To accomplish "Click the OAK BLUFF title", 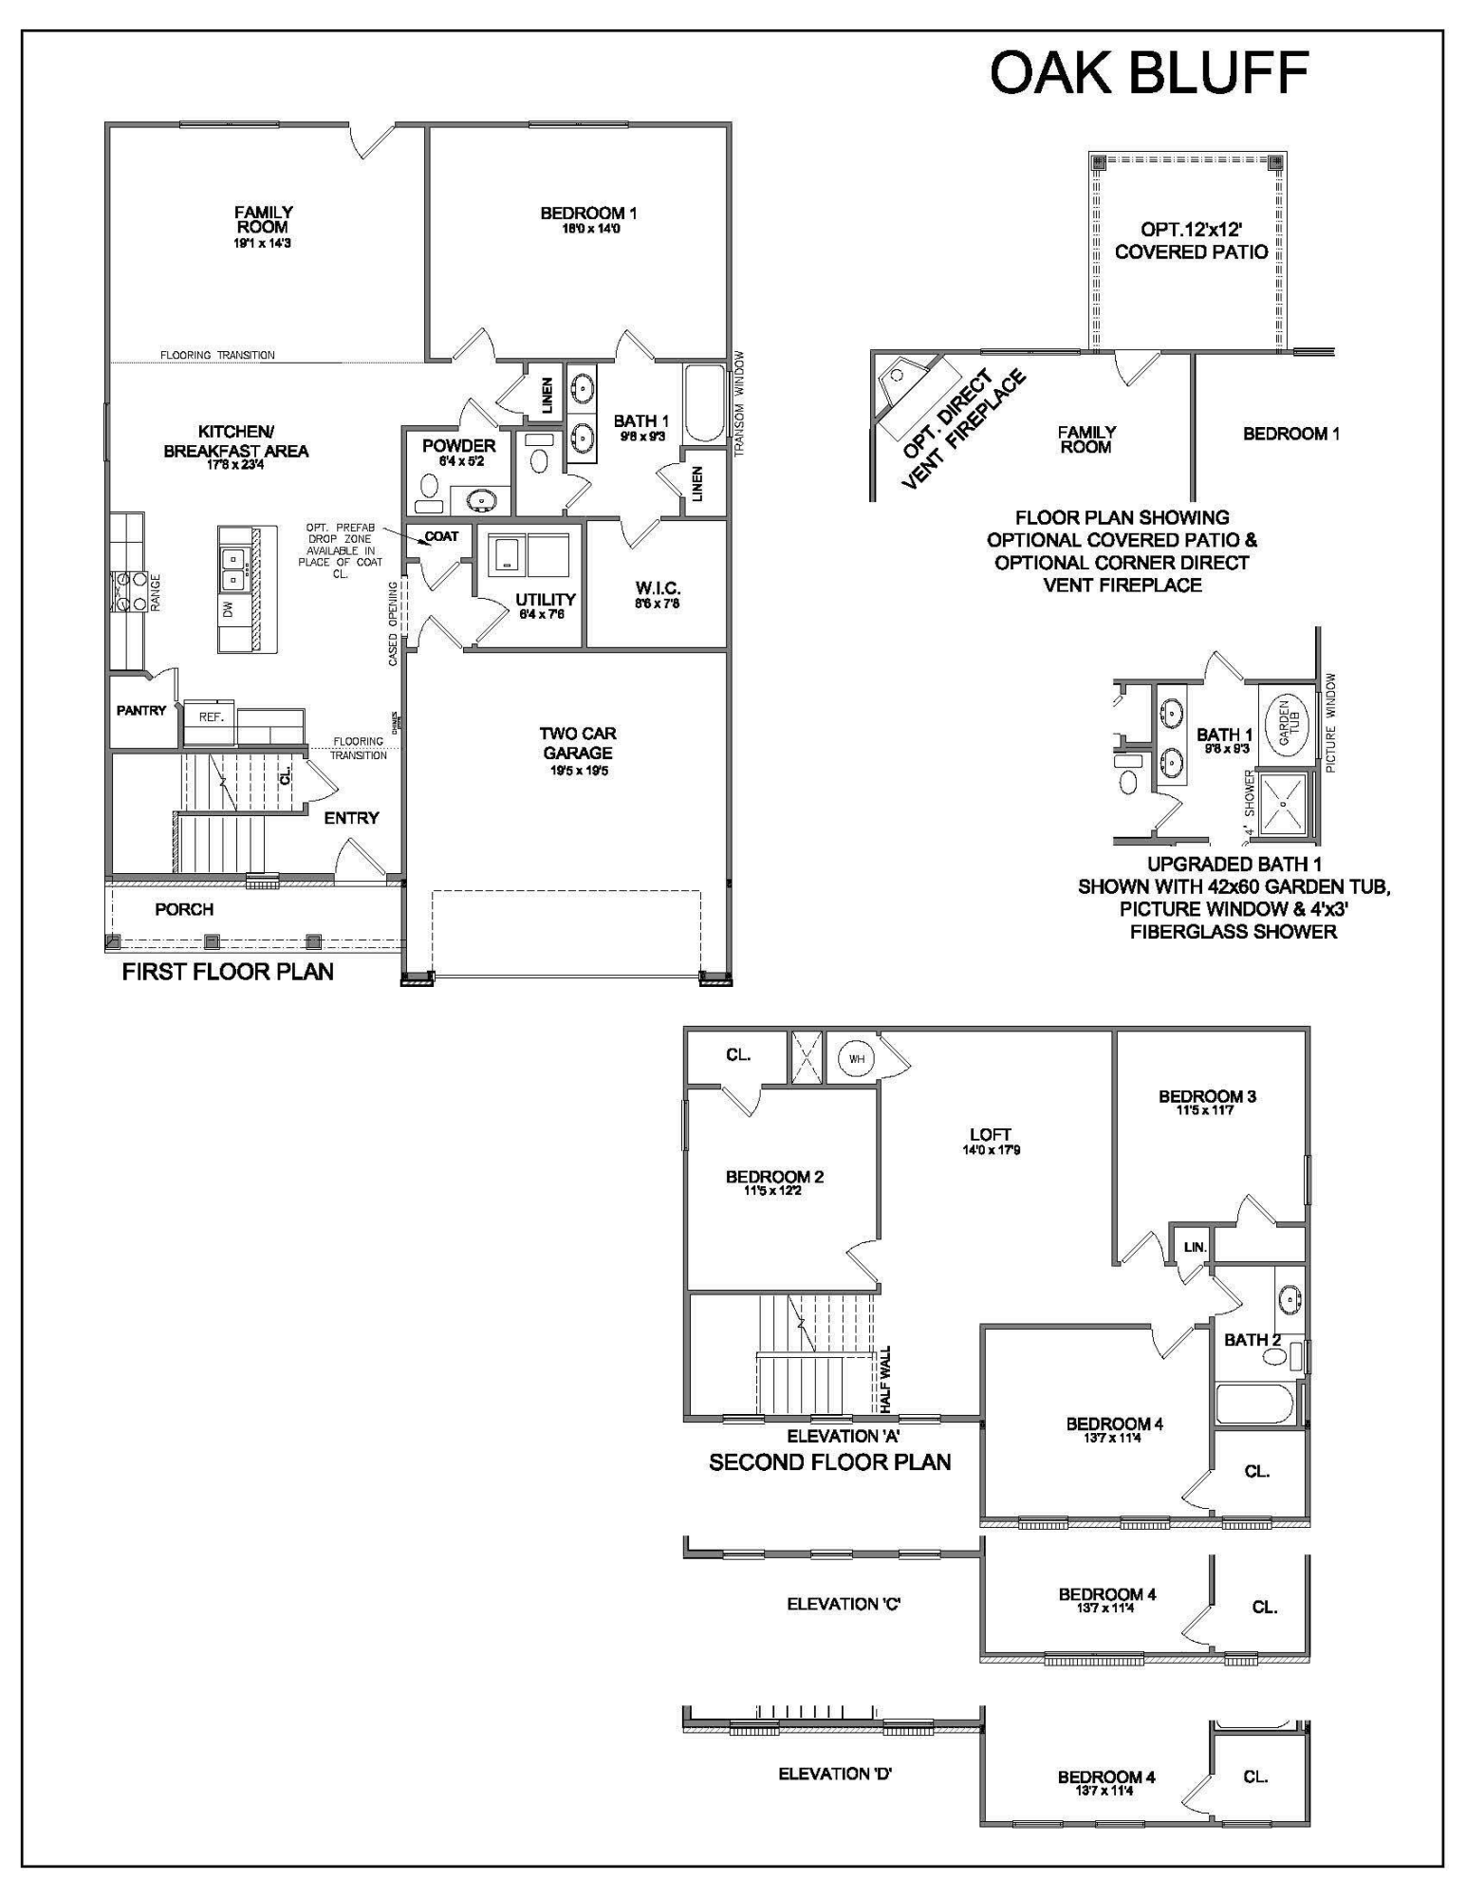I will pyautogui.click(x=1149, y=73).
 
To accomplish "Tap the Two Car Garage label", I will pyautogui.click(x=578, y=743).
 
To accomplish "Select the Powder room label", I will pyautogui.click(x=458, y=446).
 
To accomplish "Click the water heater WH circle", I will pyautogui.click(x=856, y=1059).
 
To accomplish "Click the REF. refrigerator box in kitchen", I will pyautogui.click(x=211, y=717).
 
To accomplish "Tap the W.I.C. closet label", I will pyautogui.click(x=658, y=589).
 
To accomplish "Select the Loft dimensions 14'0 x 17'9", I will pyautogui.click(x=990, y=1150).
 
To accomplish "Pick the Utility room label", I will pyautogui.click(x=546, y=600).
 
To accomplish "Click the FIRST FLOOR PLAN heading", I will pyautogui.click(x=228, y=972).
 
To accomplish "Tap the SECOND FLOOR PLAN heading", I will pyautogui.click(x=829, y=1462).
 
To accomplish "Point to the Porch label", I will pyautogui.click(x=184, y=909).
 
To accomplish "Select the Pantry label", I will pyautogui.click(x=141, y=710).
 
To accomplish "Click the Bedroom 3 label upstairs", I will pyautogui.click(x=1207, y=1097).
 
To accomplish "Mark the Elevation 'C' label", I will pyautogui.click(x=844, y=1604).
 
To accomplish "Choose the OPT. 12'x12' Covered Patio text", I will pyautogui.click(x=1191, y=241).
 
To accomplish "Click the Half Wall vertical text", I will pyautogui.click(x=885, y=1379).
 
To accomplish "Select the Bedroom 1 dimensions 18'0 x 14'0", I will pyautogui.click(x=588, y=229).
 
